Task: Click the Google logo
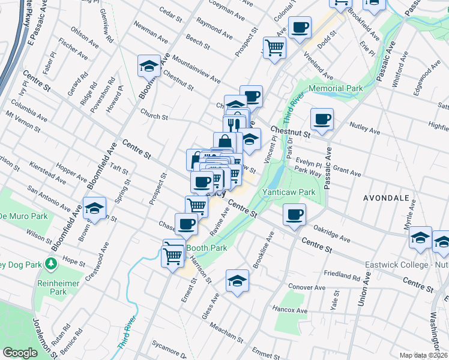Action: tap(20, 353)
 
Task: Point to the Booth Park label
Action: tap(206, 248)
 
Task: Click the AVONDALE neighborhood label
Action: tap(387, 197)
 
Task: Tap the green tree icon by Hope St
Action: tap(51, 263)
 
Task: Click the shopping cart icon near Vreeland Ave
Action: tap(274, 47)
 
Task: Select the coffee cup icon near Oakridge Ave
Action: tap(294, 214)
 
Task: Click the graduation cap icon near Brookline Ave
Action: tap(237, 280)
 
